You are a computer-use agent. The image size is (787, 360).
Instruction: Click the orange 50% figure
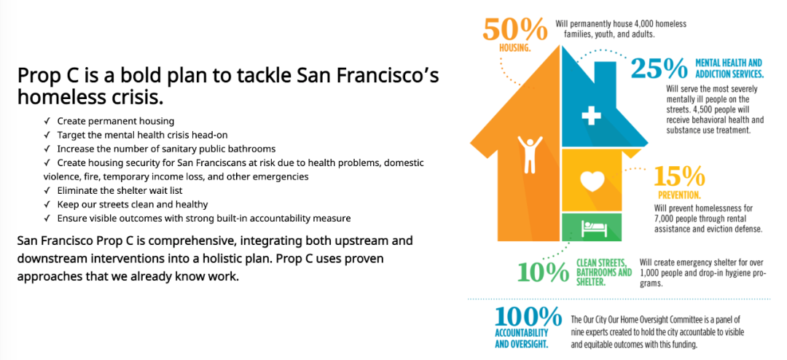(515, 31)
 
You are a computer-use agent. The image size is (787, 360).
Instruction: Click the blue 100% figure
(528, 317)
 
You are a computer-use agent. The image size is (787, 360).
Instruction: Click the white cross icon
(591, 117)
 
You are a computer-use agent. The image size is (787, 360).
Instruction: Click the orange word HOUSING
(515, 49)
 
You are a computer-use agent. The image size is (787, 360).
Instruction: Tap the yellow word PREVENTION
(680, 195)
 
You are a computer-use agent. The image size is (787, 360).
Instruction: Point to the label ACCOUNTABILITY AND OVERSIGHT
(521, 339)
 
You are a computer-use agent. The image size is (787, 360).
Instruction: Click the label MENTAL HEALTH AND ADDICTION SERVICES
(729, 69)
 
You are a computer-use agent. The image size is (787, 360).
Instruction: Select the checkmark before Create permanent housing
(47, 121)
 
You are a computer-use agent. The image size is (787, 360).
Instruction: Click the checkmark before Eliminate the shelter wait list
(47, 191)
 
